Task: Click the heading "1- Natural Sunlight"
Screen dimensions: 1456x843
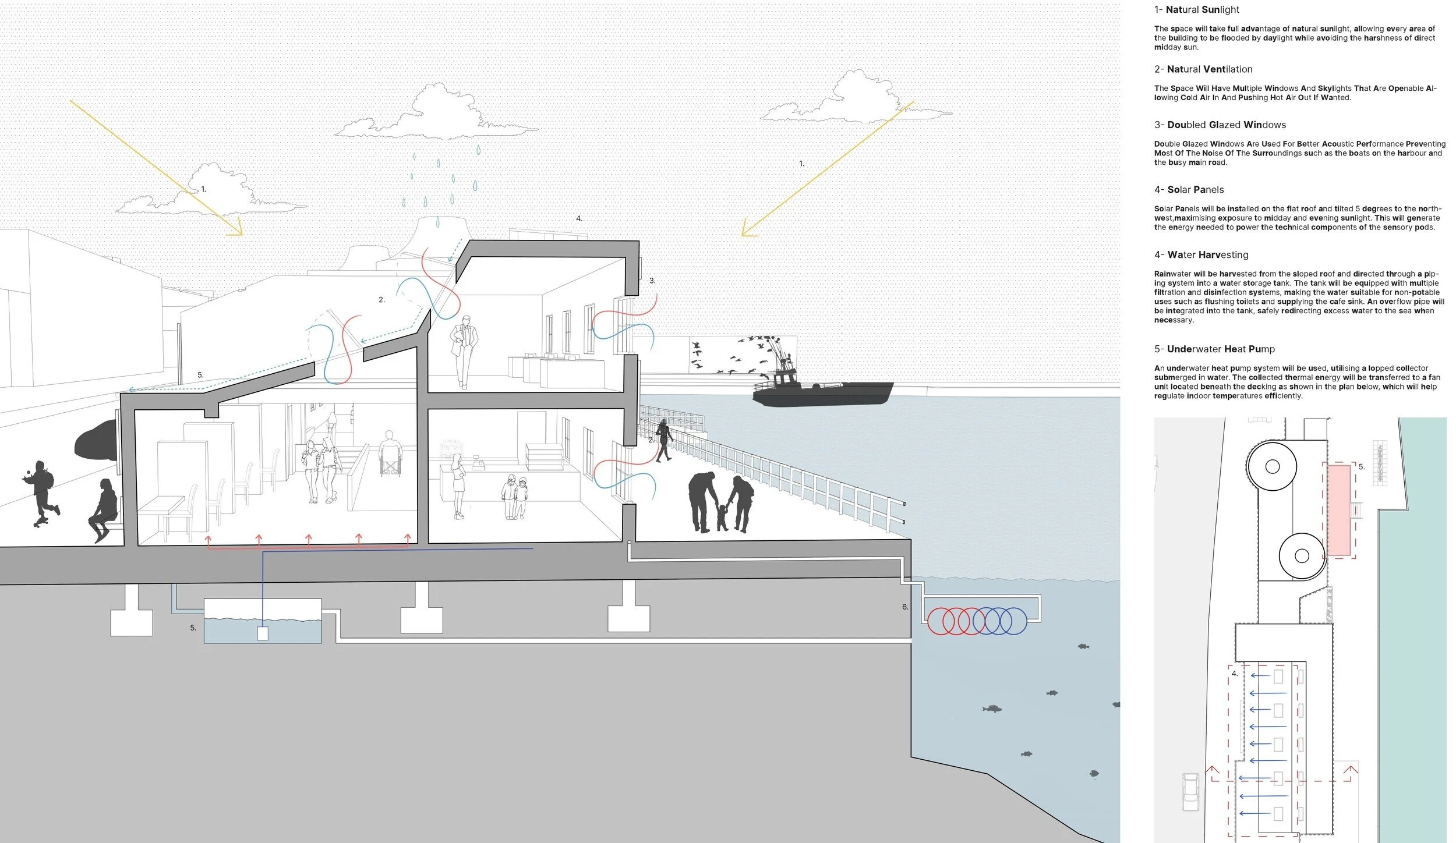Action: click(x=1196, y=10)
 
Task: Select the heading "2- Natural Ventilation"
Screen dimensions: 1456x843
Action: click(x=1203, y=69)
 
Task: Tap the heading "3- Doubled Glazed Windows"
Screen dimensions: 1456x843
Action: click(x=1220, y=125)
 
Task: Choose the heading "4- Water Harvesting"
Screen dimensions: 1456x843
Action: click(x=1201, y=255)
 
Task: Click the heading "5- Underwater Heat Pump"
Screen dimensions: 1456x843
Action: click(x=1214, y=349)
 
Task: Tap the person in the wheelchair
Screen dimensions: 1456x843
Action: click(x=390, y=454)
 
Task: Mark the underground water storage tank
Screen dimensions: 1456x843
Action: click(x=262, y=622)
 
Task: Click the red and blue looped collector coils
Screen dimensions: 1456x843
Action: click(x=976, y=621)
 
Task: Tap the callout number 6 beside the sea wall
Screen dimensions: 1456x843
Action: click(x=905, y=607)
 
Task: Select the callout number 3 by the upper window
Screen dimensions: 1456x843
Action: click(x=652, y=281)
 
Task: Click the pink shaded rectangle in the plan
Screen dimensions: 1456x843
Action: click(x=1338, y=518)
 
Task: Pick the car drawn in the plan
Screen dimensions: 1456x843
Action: click(x=1191, y=792)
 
